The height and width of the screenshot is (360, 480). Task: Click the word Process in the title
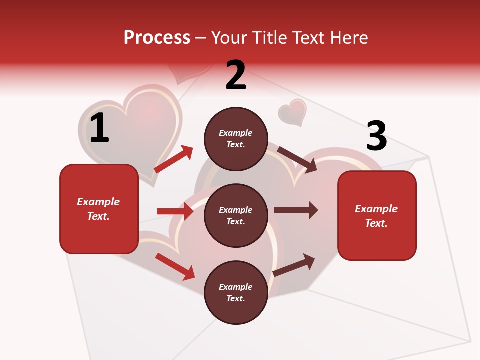[x=157, y=38]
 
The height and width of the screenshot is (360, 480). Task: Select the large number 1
[x=99, y=128]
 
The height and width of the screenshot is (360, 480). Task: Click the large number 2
[x=236, y=75]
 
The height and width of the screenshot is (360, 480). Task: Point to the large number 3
[x=376, y=136]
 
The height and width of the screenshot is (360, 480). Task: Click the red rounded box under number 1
[x=99, y=209]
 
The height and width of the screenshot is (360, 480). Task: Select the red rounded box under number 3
[x=377, y=215]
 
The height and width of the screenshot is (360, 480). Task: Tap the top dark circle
[x=236, y=139]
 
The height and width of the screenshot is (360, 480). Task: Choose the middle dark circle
[x=236, y=215]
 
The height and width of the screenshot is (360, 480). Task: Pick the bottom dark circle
[x=236, y=292]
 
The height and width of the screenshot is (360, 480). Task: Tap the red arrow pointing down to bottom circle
[x=175, y=266]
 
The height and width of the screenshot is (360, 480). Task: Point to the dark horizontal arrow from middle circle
[x=296, y=210]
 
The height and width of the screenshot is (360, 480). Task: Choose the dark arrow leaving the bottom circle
[x=294, y=265]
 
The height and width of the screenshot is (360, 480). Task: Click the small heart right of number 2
[x=292, y=111]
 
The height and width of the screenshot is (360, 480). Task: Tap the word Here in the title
[x=348, y=38]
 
